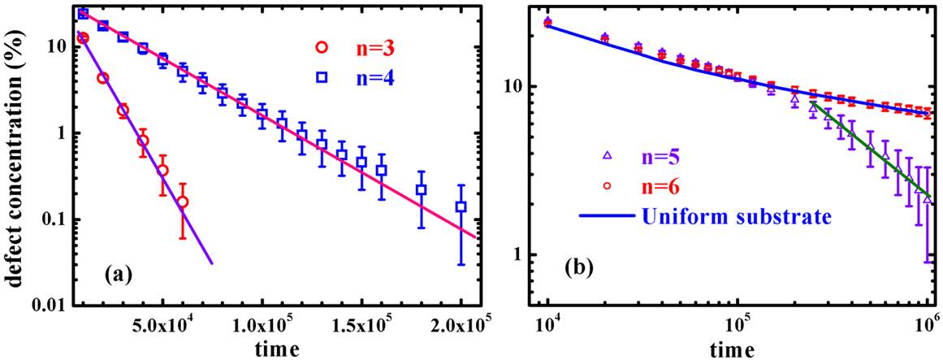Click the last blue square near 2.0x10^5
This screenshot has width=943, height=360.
click(461, 206)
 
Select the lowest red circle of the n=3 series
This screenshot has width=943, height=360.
click(182, 202)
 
